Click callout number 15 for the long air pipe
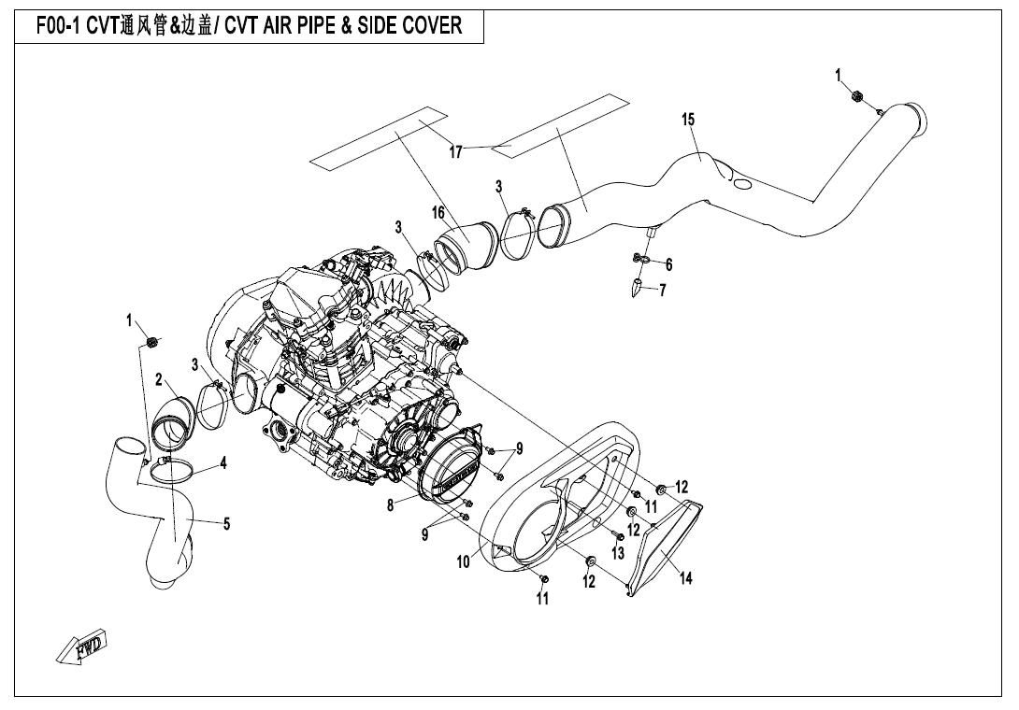[x=688, y=120]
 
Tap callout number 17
[x=456, y=152]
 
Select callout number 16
[x=438, y=213]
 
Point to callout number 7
[x=663, y=290]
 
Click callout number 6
[x=668, y=264]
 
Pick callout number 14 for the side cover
[x=686, y=578]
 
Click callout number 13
[x=617, y=553]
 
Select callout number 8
[x=390, y=505]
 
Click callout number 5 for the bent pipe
[x=226, y=524]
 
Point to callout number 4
[x=223, y=462]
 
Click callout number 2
[x=160, y=379]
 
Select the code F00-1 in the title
[x=60, y=25]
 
